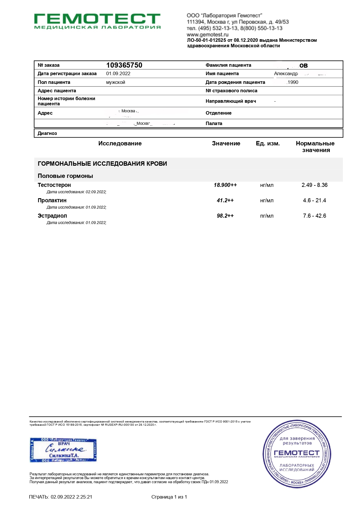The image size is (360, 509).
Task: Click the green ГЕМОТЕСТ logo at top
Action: [x=97, y=21]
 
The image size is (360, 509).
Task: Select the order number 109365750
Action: [x=124, y=65]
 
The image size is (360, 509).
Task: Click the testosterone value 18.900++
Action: [x=225, y=185]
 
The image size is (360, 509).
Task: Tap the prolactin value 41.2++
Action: [x=225, y=201]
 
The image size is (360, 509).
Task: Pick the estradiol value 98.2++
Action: [x=225, y=216]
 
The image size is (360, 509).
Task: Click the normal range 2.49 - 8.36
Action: [x=314, y=185]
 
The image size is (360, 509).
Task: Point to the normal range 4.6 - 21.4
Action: [x=314, y=201]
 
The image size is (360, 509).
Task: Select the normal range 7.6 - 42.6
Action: [x=314, y=216]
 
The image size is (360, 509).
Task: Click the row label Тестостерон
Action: [x=54, y=185]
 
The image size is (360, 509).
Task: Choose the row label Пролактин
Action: [x=52, y=201]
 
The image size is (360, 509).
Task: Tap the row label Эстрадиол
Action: [x=52, y=216]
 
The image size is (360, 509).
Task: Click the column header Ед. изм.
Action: [x=268, y=144]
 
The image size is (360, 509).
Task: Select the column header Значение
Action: [x=226, y=144]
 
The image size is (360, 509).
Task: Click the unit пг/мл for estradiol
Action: [x=267, y=216]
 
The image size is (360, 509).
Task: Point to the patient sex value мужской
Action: [x=115, y=82]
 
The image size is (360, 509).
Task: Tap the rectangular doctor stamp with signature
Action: [x=63, y=450]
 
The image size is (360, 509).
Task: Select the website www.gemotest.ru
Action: [x=207, y=35]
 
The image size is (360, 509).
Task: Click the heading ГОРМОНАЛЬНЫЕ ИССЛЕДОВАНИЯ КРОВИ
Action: [x=102, y=164]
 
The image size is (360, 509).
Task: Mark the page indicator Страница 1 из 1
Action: [x=169, y=497]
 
